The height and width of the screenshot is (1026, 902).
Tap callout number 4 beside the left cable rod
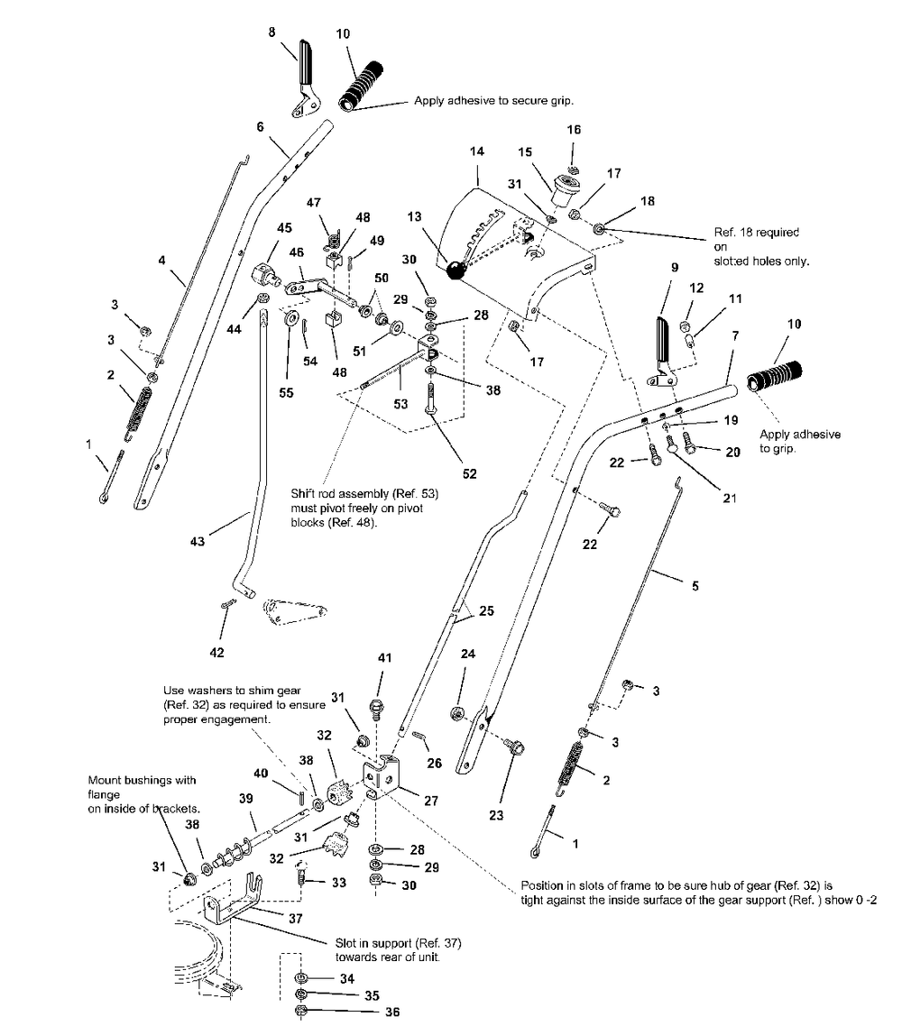[x=161, y=261]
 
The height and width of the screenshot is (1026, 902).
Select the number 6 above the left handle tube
[x=261, y=127]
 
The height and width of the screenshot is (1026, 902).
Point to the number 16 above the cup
[x=574, y=130]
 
